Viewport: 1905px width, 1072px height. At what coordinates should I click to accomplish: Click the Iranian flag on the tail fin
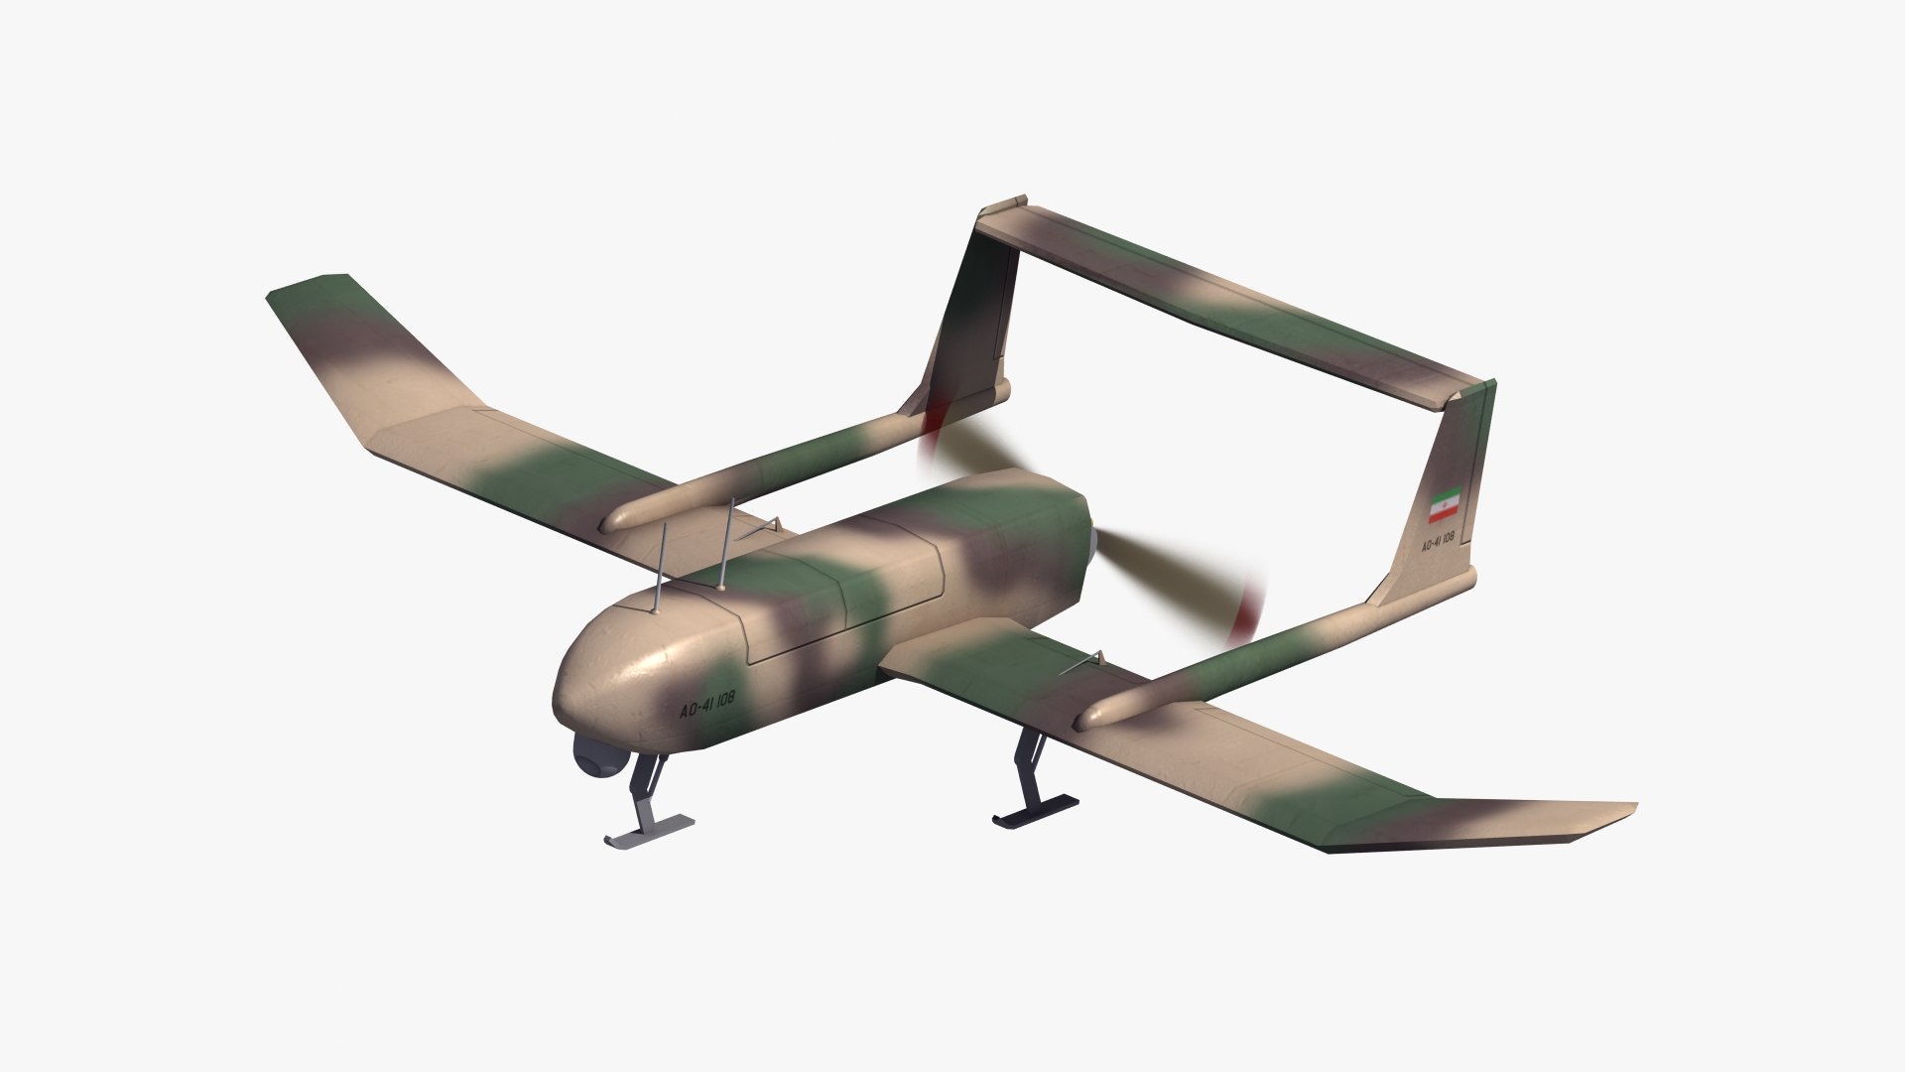pos(1442,506)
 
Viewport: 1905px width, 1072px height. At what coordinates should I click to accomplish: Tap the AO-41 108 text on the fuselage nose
pos(706,707)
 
